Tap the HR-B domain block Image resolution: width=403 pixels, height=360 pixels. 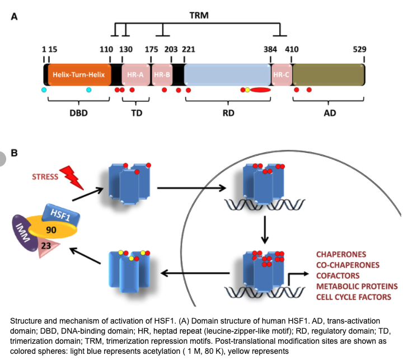pos(162,74)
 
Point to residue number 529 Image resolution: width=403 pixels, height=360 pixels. pos(359,49)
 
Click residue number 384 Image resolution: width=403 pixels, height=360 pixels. pos(270,49)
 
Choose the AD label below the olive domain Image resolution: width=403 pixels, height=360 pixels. pos(330,112)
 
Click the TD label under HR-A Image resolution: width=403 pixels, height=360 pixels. pos(136,112)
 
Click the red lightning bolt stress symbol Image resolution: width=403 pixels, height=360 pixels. pos(71,177)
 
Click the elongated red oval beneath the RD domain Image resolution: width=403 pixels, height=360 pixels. pos(260,90)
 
